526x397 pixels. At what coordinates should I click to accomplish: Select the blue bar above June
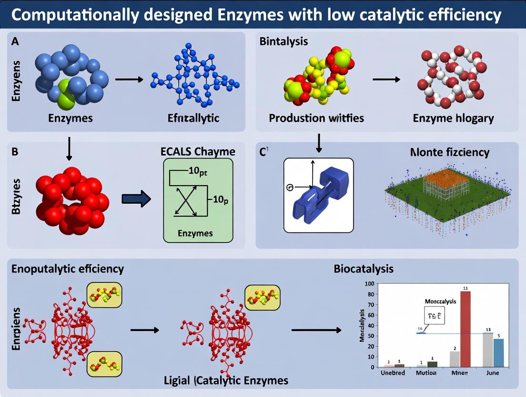click(498, 353)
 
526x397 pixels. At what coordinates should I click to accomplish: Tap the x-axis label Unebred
click(394, 373)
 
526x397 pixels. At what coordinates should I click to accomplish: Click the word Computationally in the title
click(75, 15)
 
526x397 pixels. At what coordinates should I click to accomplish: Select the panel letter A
click(15, 41)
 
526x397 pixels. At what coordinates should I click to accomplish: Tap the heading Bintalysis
click(283, 41)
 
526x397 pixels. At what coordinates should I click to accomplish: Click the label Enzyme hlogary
click(453, 118)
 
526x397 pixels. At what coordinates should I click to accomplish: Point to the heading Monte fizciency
click(450, 153)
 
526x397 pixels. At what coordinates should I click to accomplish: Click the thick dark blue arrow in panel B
click(136, 199)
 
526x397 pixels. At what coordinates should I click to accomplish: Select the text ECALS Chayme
click(198, 152)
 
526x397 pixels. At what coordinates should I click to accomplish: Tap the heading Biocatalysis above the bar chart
click(364, 269)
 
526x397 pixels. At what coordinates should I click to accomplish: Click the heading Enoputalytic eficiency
click(68, 269)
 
